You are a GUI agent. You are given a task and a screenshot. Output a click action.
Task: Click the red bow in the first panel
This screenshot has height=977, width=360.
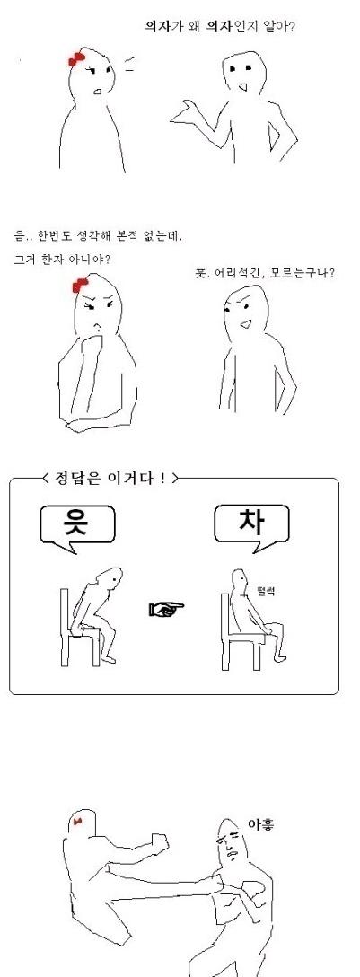76,59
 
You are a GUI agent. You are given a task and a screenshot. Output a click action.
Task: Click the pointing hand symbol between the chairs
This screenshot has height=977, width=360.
167,609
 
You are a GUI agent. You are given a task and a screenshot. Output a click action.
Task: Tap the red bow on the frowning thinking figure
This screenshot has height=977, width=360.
81,286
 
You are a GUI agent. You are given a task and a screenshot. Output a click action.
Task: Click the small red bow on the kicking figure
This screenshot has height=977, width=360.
77,823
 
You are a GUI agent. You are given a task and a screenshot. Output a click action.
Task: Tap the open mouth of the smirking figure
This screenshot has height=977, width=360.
247,324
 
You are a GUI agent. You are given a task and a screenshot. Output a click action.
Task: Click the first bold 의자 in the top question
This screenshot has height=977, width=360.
155,26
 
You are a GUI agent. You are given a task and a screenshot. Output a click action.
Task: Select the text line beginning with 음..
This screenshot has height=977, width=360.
99,237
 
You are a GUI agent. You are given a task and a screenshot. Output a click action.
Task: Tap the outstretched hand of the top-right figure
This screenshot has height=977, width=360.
184,111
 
